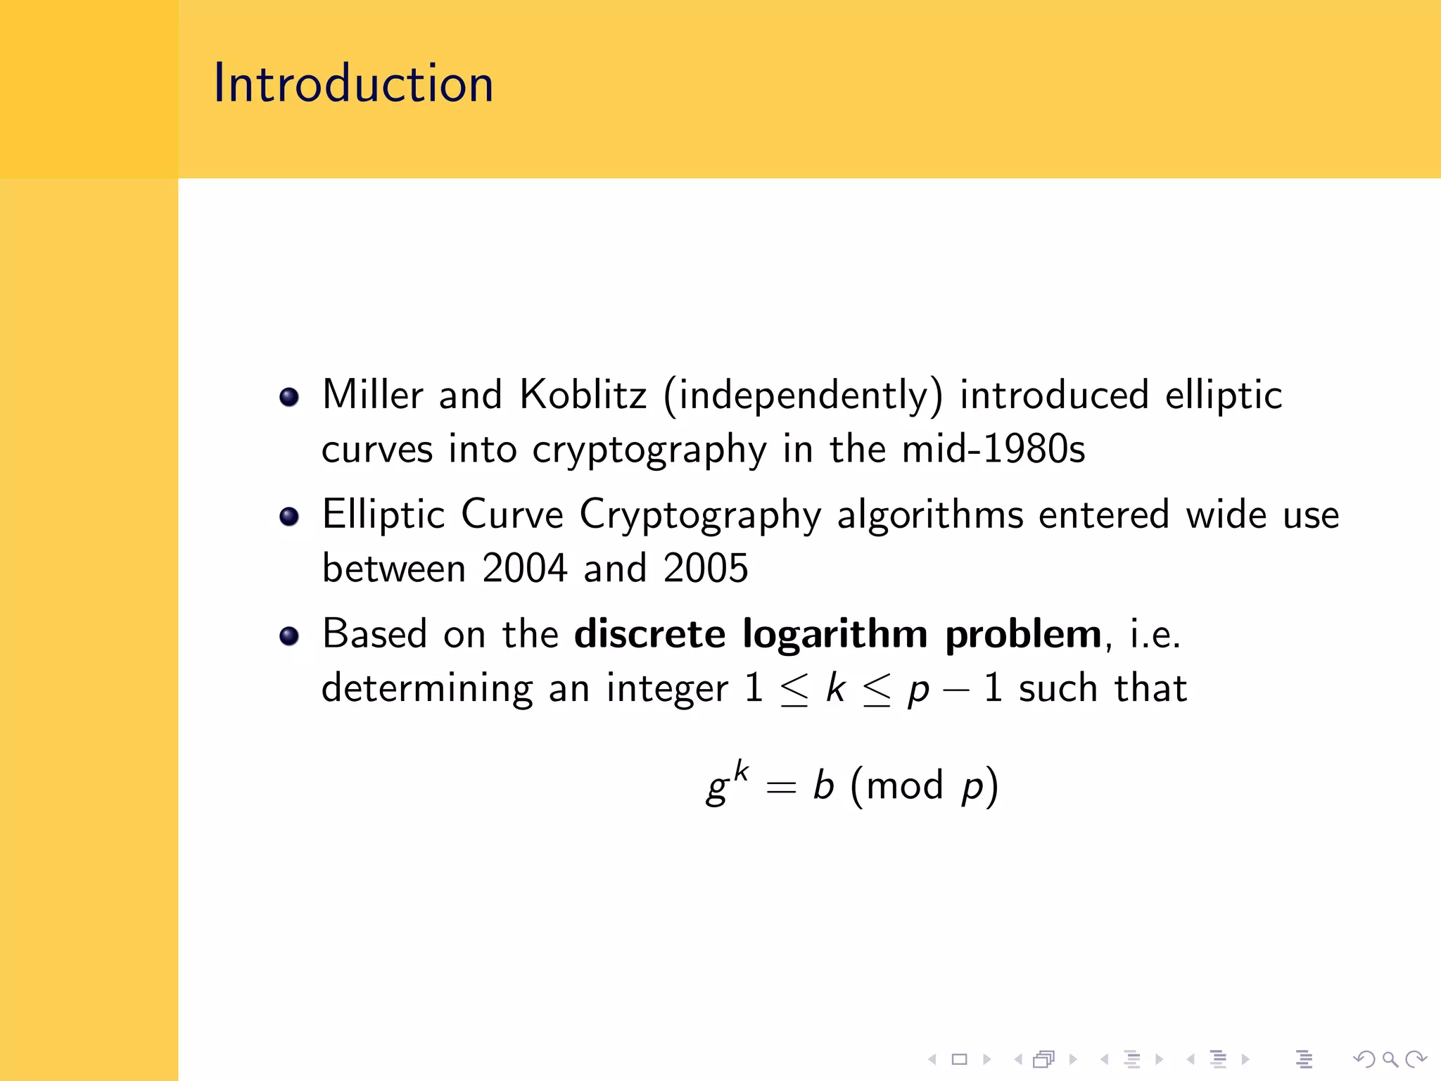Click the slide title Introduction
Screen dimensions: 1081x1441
click(353, 84)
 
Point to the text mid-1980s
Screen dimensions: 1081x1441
click(994, 449)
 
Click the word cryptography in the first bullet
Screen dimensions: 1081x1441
click(649, 450)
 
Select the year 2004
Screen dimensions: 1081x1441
click(525, 568)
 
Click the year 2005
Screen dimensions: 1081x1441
click(706, 568)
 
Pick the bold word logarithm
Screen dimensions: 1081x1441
click(835, 635)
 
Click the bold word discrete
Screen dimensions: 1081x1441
click(649, 633)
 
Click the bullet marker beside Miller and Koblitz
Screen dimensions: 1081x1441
click(289, 397)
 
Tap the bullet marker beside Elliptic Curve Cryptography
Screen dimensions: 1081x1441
click(289, 517)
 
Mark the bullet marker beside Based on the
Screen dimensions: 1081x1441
click(289, 636)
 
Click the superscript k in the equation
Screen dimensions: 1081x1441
click(741, 771)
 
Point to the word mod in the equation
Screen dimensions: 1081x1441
click(904, 786)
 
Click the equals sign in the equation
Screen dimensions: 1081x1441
click(781, 788)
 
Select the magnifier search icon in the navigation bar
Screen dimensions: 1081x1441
click(1390, 1058)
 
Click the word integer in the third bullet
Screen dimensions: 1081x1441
click(667, 689)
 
